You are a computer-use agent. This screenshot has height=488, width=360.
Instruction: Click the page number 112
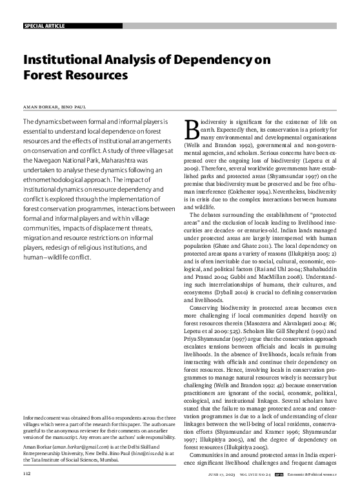click(27, 474)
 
